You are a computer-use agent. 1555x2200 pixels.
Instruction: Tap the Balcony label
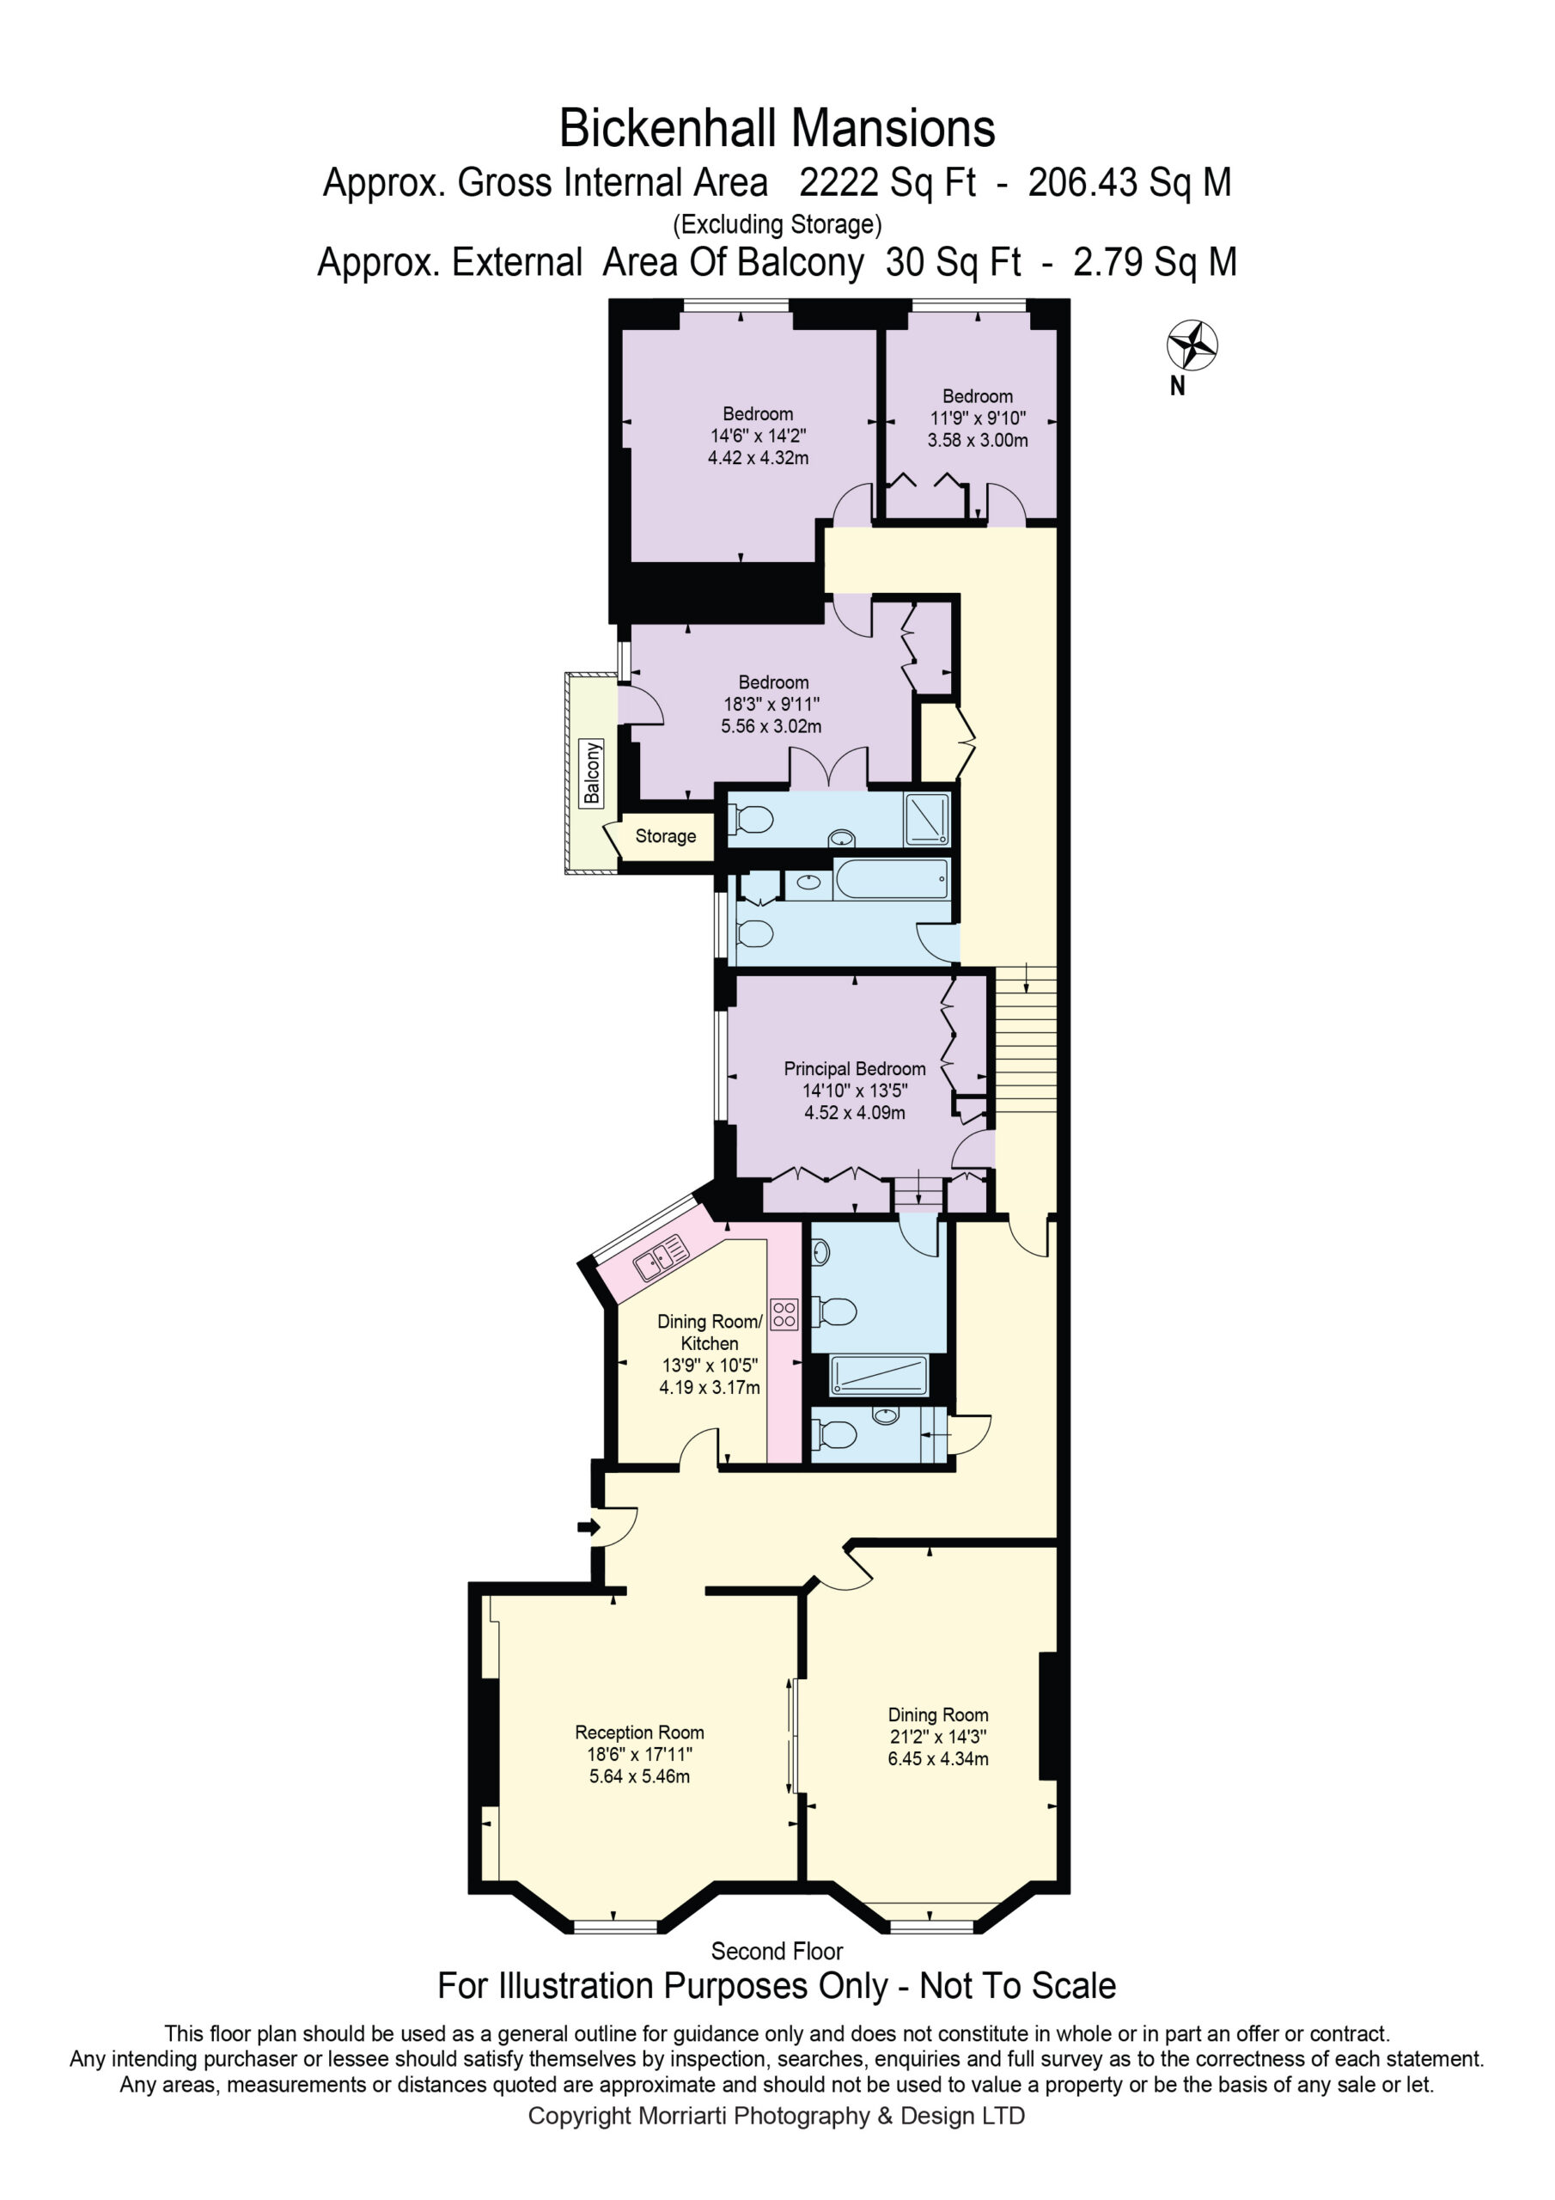click(592, 773)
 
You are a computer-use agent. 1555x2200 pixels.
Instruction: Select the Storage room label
click(666, 835)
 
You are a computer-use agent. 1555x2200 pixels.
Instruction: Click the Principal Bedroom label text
click(855, 1068)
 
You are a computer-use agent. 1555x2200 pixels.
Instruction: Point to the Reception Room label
click(639, 1732)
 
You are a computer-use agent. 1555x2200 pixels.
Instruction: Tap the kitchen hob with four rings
click(784, 1314)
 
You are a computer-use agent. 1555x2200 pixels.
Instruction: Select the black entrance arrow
click(588, 1526)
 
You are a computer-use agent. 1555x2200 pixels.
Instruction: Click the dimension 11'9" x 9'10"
click(978, 418)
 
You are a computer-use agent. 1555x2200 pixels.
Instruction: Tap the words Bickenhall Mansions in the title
click(777, 128)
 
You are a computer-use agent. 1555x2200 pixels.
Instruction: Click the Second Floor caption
click(777, 1951)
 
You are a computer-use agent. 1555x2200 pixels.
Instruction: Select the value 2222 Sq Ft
click(887, 182)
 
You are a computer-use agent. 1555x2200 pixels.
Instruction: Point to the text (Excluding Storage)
click(777, 224)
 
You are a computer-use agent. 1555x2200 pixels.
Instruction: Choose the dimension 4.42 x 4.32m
click(758, 458)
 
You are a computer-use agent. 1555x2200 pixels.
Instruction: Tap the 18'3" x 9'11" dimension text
click(771, 705)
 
